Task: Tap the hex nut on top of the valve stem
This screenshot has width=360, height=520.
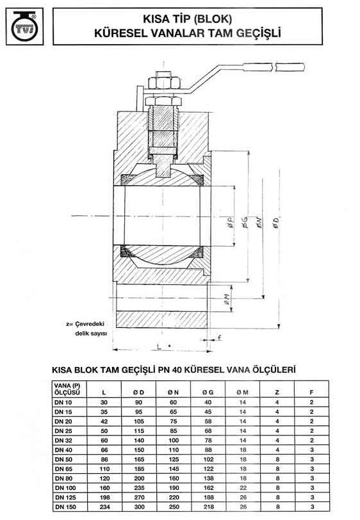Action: point(160,83)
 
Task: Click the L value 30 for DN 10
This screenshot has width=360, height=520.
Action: point(104,402)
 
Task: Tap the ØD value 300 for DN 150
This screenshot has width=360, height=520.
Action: point(138,506)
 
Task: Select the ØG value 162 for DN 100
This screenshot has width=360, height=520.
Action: point(208,487)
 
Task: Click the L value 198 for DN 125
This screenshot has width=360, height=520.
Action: point(104,497)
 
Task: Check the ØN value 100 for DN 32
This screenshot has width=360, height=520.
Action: point(173,441)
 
